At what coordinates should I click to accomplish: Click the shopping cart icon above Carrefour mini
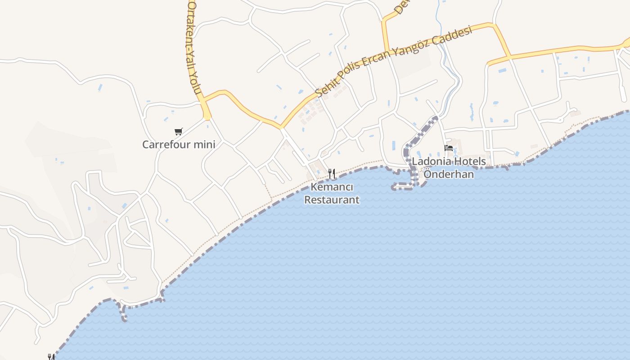(x=179, y=132)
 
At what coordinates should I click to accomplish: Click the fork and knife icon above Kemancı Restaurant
(x=332, y=173)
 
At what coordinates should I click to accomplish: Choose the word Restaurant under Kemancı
(x=332, y=200)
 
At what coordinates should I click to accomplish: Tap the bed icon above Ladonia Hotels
(x=448, y=148)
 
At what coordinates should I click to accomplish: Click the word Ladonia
(x=429, y=161)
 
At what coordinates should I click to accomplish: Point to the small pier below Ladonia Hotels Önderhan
(x=403, y=187)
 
